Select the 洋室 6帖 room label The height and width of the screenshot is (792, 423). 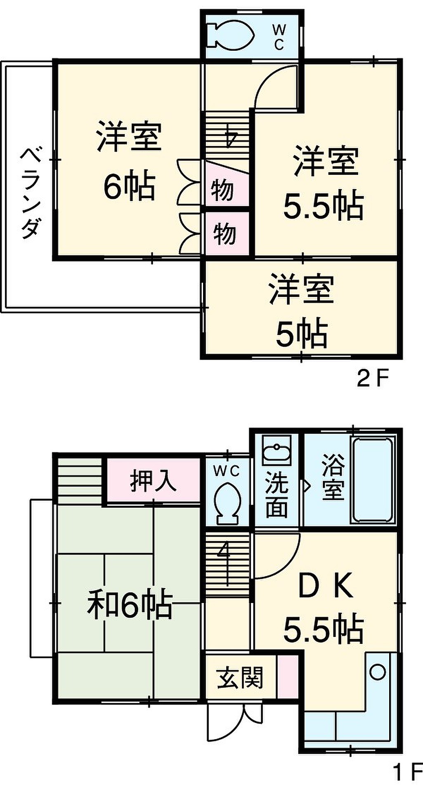tap(129, 160)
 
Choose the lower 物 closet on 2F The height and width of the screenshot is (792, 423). tap(227, 234)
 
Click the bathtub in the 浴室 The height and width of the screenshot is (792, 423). tap(371, 481)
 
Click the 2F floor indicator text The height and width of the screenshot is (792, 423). tap(373, 379)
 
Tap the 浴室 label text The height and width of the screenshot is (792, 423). tap(333, 477)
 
